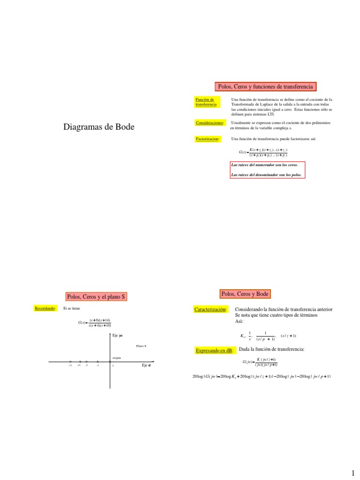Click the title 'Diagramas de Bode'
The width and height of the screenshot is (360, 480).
(x=98, y=127)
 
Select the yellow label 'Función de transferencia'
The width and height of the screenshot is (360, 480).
(x=206, y=102)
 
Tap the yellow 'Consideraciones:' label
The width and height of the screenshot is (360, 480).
(x=210, y=123)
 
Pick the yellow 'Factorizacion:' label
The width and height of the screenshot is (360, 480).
(x=207, y=139)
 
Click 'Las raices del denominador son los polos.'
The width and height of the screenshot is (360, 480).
(x=266, y=174)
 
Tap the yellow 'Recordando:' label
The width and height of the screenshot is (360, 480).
(x=45, y=308)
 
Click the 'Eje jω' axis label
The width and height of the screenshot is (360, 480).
(x=118, y=335)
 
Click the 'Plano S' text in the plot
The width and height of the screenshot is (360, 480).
(x=141, y=346)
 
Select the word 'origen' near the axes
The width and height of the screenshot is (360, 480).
(x=117, y=358)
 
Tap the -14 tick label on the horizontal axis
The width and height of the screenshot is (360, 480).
(x=70, y=365)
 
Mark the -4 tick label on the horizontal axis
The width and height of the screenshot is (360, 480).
(x=97, y=365)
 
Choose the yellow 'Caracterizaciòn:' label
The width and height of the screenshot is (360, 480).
(x=210, y=309)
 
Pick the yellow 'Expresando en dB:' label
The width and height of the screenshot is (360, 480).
(x=214, y=350)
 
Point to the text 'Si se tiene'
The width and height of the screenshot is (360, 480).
(x=72, y=308)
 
